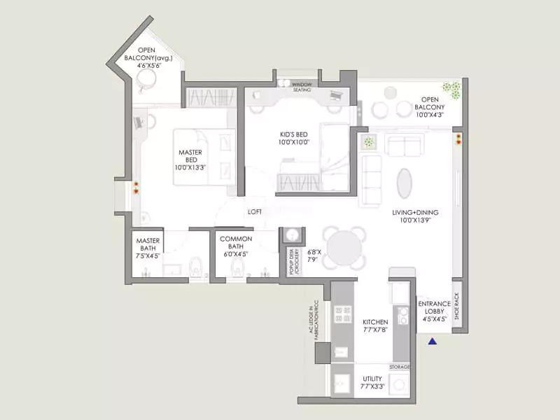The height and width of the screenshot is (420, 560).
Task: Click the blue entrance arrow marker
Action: pos(433,342)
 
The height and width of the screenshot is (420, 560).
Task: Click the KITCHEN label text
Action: pos(375,323)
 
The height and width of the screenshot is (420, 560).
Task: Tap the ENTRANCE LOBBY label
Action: pos(434,311)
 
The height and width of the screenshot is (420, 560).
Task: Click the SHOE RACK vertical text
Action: pos(457,306)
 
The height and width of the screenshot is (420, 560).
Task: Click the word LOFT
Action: pos(255,211)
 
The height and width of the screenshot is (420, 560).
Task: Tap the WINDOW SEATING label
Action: pos(302,87)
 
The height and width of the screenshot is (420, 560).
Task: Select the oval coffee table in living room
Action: pos(405,183)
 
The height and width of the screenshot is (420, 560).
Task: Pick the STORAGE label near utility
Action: pos(400,367)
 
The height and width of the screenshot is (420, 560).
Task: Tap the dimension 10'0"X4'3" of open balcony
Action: pos(432,114)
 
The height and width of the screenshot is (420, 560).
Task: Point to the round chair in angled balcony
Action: pos(148,82)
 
